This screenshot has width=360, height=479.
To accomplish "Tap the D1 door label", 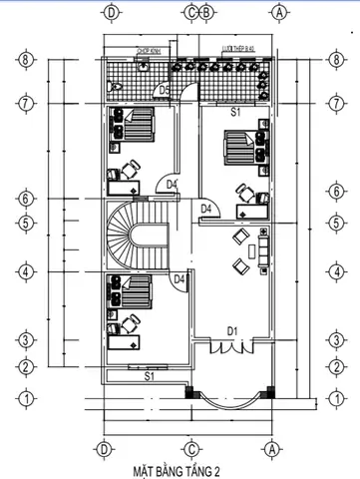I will coord(230,330).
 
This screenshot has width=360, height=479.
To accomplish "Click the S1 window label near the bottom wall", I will coord(149,376).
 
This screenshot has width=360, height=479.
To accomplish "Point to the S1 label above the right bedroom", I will coord(236,113).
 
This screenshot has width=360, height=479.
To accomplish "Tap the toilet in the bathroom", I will coord(144,66).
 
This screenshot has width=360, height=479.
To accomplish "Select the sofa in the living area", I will coord(262,246).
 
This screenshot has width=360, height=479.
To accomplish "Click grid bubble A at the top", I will coord(280,13).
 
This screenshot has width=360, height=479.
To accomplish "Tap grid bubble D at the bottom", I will coord(102,447).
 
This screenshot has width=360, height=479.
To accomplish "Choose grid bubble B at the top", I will coord(205,13).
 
